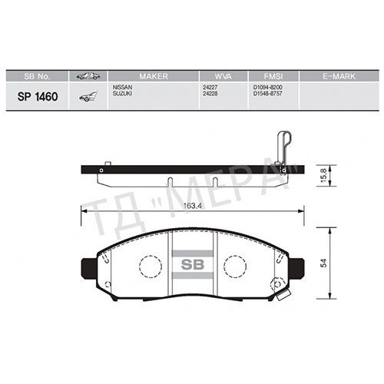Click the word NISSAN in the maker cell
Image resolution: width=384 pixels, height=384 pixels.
click(123, 88)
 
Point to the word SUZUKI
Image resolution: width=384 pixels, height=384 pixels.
click(123, 94)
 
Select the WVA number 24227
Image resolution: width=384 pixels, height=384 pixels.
click(210, 88)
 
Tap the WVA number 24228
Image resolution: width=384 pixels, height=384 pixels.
click(210, 94)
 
